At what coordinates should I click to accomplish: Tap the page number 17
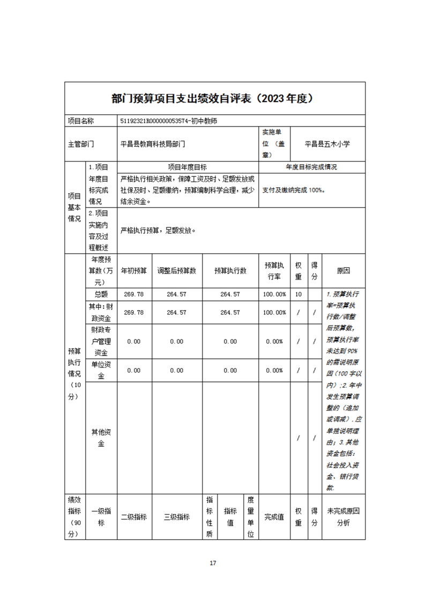pyautogui.click(x=213, y=563)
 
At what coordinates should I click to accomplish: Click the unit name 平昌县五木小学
pyautogui.click(x=327, y=144)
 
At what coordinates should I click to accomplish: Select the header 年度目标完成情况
pyautogui.click(x=311, y=167)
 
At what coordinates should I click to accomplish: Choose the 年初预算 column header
pyautogui.click(x=134, y=270)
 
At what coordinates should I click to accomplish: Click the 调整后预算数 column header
pyautogui.click(x=176, y=270)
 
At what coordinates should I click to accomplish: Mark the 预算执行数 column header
pyautogui.click(x=230, y=270)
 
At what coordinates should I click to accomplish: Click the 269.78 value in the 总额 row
pyautogui.click(x=134, y=295)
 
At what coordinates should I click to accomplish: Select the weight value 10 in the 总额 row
pyautogui.click(x=298, y=295)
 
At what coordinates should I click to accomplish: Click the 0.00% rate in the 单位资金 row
pyautogui.click(x=274, y=371)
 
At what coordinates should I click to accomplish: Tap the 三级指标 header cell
pyautogui.click(x=176, y=517)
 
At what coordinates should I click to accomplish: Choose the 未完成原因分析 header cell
pyautogui.click(x=343, y=517)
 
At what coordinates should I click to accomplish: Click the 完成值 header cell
pyautogui.click(x=274, y=517)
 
